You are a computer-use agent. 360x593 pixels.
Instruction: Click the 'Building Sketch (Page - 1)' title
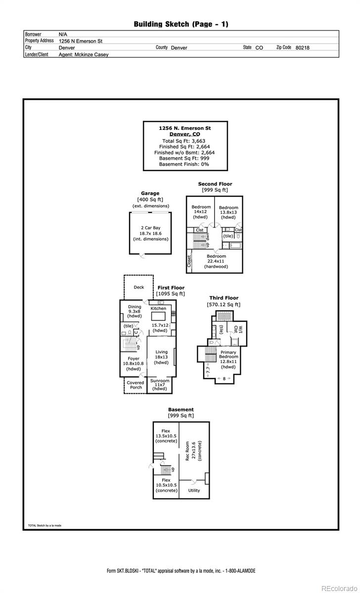pos(181,24)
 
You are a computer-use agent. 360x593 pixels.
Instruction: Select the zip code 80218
pos(302,48)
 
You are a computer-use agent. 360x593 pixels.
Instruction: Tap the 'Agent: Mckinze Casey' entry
pos(84,55)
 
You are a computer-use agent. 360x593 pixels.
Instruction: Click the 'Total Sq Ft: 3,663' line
pos(184,141)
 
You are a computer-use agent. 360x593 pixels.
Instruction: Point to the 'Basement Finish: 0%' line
pos(184,164)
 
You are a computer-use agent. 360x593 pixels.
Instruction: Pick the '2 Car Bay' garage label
pos(150,228)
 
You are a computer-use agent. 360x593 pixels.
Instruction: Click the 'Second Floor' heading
pos(215,184)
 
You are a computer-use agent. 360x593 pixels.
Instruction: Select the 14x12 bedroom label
pos(201,212)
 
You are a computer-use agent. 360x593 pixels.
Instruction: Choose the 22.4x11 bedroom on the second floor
pos(216,261)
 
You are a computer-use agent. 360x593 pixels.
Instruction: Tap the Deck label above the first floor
pos(139,287)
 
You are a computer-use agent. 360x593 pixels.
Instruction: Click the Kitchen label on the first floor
pos(158,308)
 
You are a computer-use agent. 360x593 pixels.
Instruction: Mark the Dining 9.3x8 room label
pos(135,311)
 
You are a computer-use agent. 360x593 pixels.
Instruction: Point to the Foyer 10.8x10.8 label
pos(134,364)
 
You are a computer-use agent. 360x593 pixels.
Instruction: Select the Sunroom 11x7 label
pos(160,384)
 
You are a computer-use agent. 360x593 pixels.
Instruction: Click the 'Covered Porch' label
pos(135,385)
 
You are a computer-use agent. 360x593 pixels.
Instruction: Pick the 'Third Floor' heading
pos(224,298)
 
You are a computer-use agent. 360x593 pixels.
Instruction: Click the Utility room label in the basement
pos(194,490)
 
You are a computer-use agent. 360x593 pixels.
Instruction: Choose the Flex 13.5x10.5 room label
pos(166,436)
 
